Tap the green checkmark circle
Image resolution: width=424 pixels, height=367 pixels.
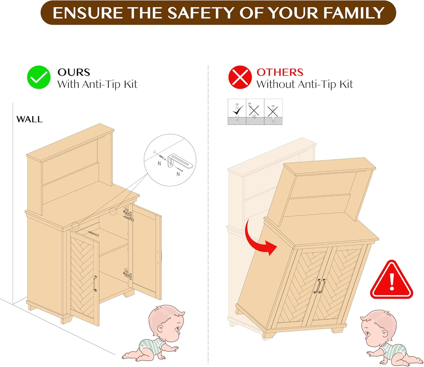(39, 77)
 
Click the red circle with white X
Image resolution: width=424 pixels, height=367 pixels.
(240, 77)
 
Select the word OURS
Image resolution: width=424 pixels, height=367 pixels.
(74, 72)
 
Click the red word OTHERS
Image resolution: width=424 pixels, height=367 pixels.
(280, 72)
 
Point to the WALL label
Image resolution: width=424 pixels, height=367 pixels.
(29, 119)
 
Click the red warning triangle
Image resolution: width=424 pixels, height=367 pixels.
(391, 281)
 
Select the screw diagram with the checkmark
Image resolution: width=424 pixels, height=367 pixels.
(237, 112)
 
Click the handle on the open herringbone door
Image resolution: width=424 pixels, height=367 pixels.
(95, 283)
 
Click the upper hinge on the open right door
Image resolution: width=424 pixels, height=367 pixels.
(127, 212)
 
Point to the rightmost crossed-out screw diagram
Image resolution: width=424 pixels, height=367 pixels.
(273, 112)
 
